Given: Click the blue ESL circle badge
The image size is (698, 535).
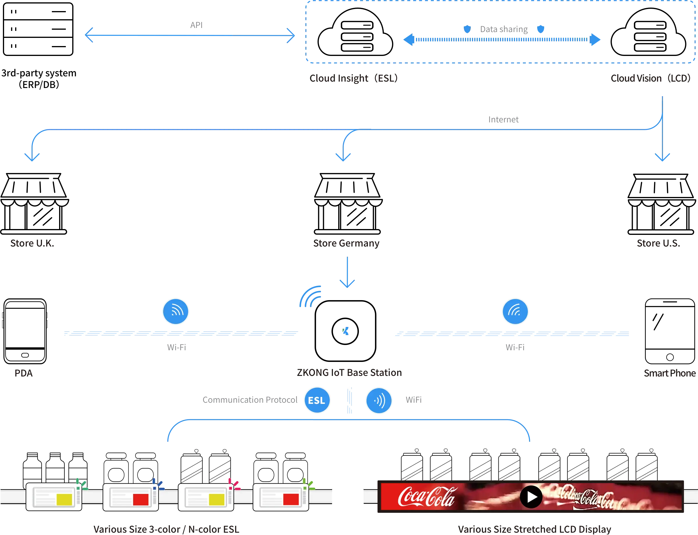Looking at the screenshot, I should pyautogui.click(x=317, y=400).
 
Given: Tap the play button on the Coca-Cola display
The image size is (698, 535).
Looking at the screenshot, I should pyautogui.click(x=531, y=497).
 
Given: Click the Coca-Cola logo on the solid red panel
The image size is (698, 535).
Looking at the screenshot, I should pyautogui.click(x=426, y=497).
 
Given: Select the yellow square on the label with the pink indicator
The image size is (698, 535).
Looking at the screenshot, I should pyautogui.click(x=216, y=499).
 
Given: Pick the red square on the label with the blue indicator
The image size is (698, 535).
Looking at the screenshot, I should pyautogui.click(x=141, y=499).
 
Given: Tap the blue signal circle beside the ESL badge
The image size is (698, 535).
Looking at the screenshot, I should pyautogui.click(x=379, y=400).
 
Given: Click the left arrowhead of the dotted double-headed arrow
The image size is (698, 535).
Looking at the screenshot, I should pyautogui.click(x=408, y=40).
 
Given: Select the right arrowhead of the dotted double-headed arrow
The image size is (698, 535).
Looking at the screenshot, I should pyautogui.click(x=595, y=40).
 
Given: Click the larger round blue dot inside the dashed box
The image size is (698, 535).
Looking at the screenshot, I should pyautogui.click(x=540, y=29).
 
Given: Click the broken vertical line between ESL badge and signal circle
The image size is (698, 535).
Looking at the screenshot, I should pyautogui.click(x=350, y=401).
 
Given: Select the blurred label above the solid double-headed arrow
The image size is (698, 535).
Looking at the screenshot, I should pyautogui.click(x=196, y=24).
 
